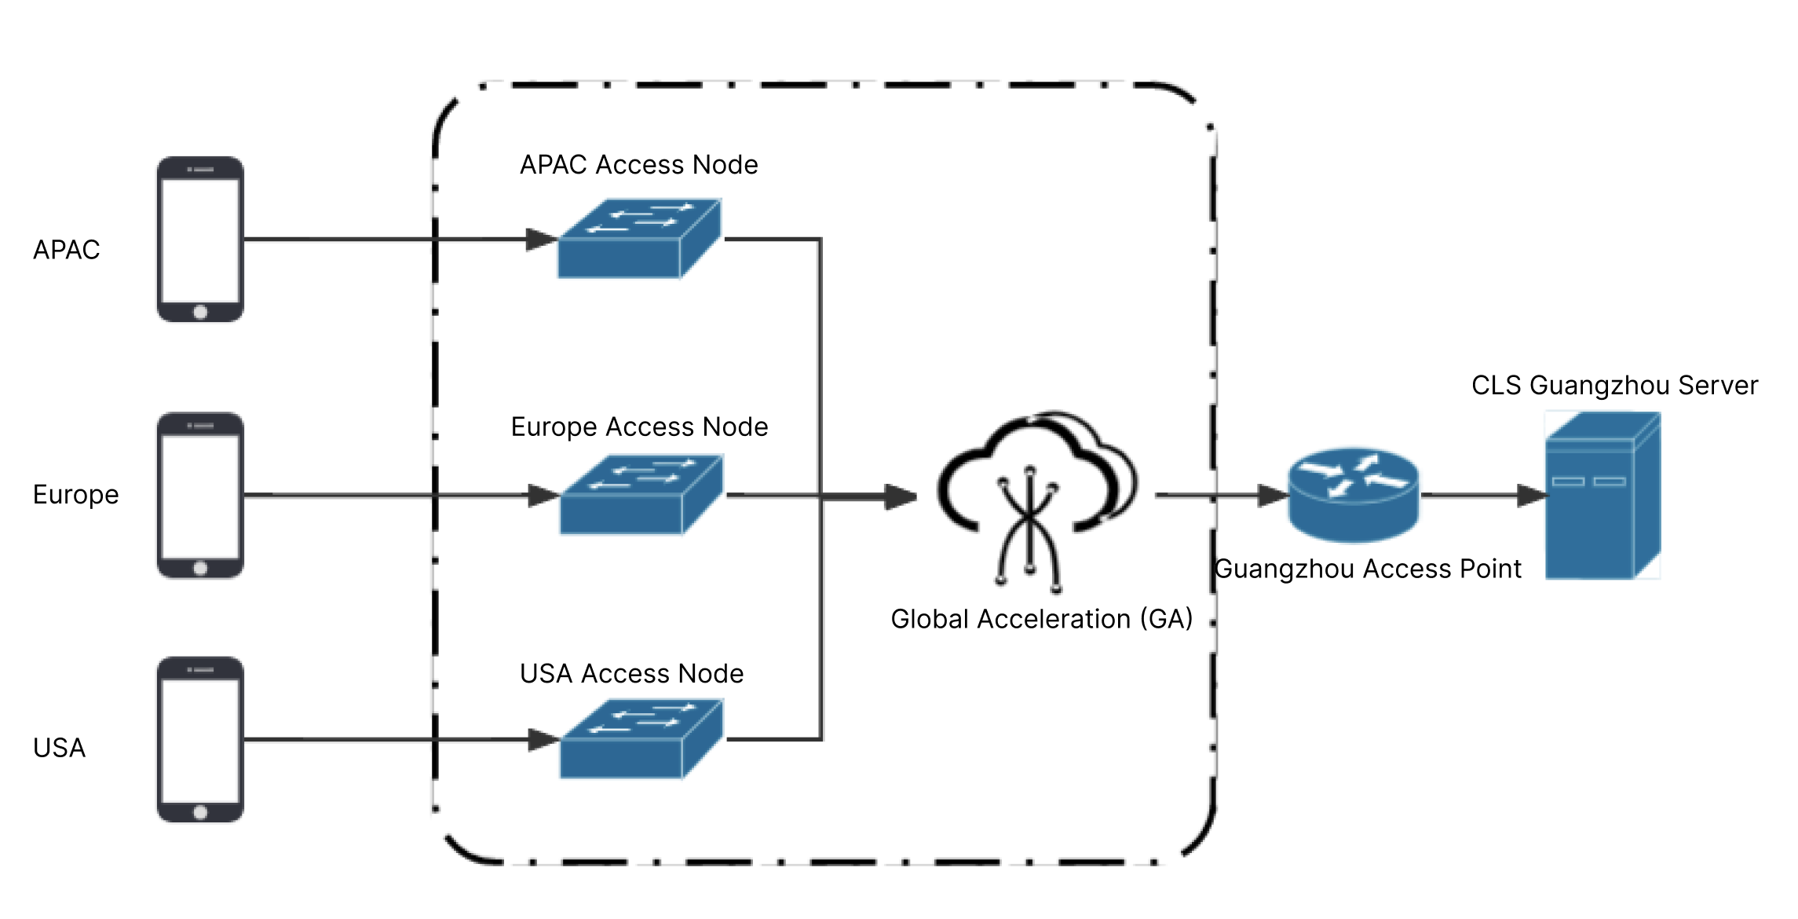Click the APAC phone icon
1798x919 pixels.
point(200,239)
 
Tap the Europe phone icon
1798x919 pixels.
point(200,495)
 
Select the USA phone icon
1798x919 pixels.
point(200,739)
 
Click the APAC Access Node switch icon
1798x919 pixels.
point(639,239)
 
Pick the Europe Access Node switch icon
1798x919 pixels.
point(641,495)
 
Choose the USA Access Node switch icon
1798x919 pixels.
point(641,739)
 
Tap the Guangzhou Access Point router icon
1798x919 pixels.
point(1354,495)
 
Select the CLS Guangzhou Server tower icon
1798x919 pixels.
point(1602,496)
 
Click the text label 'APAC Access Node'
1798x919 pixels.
point(639,165)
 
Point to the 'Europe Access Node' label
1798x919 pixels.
point(639,427)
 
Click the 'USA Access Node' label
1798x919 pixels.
point(631,674)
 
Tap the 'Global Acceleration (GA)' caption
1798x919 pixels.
point(1041,619)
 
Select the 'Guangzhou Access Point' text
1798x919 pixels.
point(1368,569)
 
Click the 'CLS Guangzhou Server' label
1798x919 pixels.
point(1614,386)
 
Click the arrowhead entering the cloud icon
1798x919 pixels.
point(901,496)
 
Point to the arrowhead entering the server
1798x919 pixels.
point(1532,496)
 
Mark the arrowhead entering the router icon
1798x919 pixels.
point(1273,496)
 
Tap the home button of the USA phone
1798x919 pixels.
point(200,812)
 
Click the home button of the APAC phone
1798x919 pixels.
point(200,312)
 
